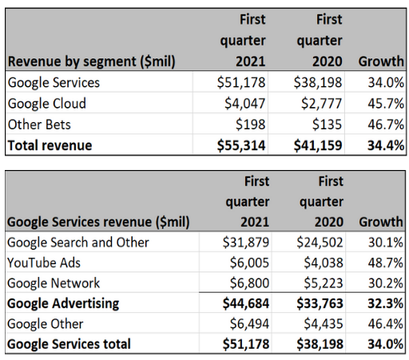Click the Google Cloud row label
[x=47, y=103]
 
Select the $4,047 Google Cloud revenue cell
[x=245, y=103]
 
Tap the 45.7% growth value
[x=386, y=103]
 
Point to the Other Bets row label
[x=39, y=125]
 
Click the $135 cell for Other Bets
[x=327, y=125]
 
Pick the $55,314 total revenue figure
[x=241, y=145]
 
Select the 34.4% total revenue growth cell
[x=386, y=145]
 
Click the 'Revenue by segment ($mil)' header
[x=92, y=61]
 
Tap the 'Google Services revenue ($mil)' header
[x=98, y=222]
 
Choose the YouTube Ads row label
[x=44, y=263]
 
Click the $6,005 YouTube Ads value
[x=249, y=263]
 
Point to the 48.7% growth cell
[x=386, y=263]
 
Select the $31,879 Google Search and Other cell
[x=246, y=243]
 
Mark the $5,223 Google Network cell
[x=324, y=283]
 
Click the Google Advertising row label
[x=63, y=303]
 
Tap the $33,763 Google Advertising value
[x=320, y=303]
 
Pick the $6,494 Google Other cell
[x=249, y=324]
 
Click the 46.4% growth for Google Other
[x=386, y=324]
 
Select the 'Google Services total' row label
[x=69, y=344]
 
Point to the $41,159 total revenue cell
[x=318, y=145]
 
